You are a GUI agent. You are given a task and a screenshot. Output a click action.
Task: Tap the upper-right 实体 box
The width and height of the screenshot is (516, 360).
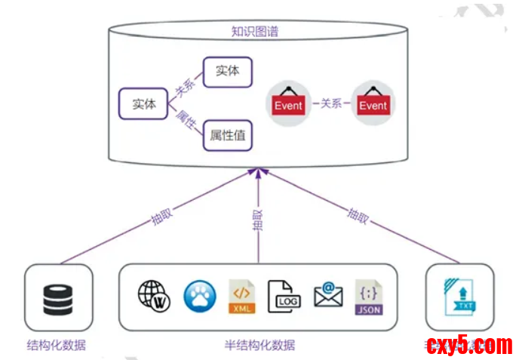(x=227, y=71)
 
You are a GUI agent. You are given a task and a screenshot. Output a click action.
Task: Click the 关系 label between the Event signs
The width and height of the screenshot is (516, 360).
(x=331, y=103)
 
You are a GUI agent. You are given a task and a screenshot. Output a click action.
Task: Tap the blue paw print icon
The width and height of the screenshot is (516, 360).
(x=199, y=297)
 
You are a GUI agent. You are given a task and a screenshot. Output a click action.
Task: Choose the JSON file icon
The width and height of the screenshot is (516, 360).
(x=369, y=297)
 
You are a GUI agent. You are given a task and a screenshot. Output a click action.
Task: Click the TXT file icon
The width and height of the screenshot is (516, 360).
(x=460, y=297)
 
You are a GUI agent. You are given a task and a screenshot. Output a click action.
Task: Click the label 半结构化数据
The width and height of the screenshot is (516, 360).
(x=259, y=346)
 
